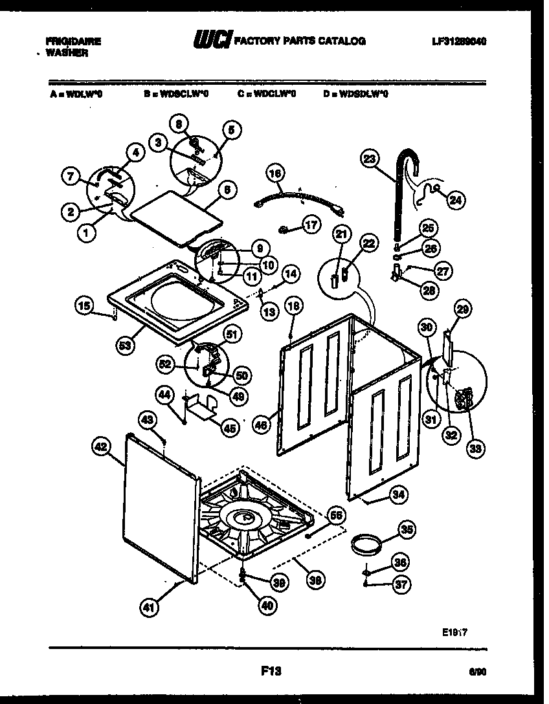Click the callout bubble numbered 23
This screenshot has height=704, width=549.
[369, 159]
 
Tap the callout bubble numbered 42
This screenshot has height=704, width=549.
[100, 445]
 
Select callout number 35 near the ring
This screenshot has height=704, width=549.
[406, 530]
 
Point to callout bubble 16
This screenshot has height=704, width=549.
[275, 173]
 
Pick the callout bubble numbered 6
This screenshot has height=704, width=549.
[226, 190]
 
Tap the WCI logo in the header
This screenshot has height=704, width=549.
[211, 41]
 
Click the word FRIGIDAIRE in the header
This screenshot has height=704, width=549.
[74, 41]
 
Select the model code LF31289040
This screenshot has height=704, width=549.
[459, 41]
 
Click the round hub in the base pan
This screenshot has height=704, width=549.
[243, 516]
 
